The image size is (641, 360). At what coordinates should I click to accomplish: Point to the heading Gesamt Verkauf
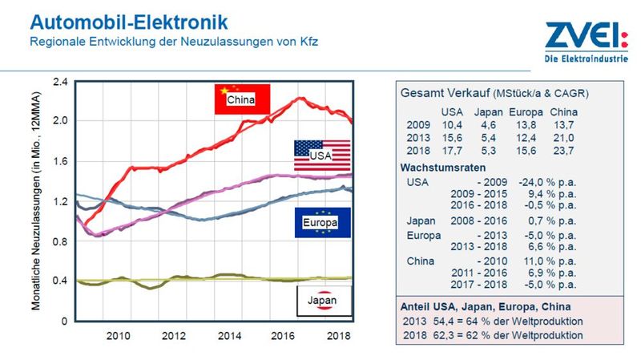click(445, 94)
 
